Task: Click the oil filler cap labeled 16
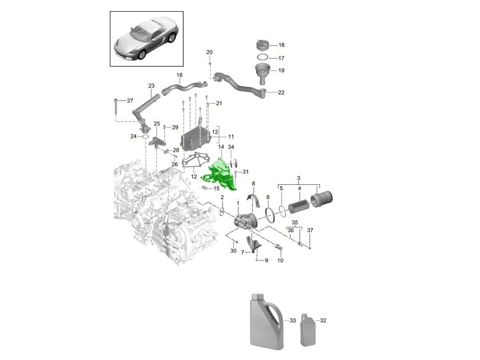[263, 45]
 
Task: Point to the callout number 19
[281, 70]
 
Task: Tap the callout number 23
[151, 86]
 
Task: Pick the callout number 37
[310, 230]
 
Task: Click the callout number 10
[280, 261]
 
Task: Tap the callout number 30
[234, 251]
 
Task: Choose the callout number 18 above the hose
[179, 75]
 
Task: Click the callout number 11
[231, 137]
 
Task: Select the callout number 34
[231, 148]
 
